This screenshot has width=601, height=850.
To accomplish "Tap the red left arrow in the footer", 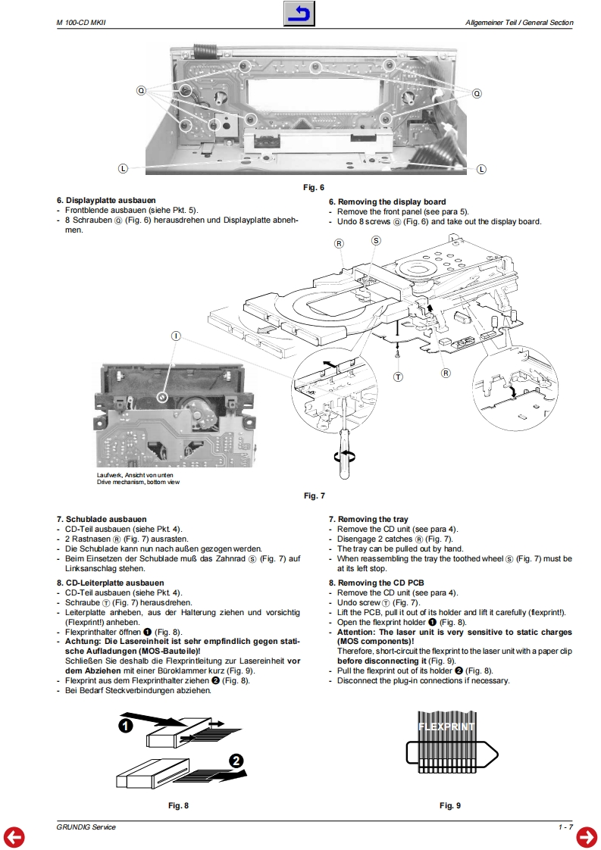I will coord(14,836).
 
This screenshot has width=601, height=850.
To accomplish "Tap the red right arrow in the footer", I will coord(587,836).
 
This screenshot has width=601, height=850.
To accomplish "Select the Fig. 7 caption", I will coord(314,495).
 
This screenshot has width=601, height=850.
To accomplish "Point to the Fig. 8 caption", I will coord(178,805).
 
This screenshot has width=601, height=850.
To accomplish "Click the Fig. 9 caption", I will coord(449,805).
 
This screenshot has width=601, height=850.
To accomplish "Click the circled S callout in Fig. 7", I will coord(376,240).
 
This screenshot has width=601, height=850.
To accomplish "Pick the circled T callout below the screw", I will coord(398,377).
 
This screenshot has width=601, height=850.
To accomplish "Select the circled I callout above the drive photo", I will coord(176,335).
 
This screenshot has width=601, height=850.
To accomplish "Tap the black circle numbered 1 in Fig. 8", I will coord(126,725).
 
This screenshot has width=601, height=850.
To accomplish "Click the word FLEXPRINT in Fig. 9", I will coord(446,727).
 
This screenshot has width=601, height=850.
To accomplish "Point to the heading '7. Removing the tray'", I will coord(369,520).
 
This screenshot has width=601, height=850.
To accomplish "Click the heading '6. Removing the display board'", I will coord(387,202).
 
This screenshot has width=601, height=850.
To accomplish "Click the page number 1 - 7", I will coord(565,827).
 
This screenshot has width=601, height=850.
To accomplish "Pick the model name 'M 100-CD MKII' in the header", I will coord(82,23).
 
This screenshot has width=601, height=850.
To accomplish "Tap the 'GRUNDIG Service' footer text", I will coord(86,827).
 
